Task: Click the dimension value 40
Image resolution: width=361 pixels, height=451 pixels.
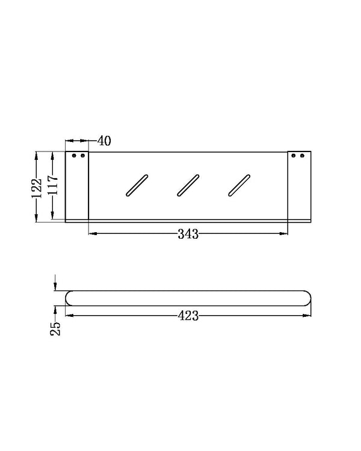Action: (103, 141)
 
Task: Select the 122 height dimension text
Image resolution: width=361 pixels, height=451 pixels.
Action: (37, 187)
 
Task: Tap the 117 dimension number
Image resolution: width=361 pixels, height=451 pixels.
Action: (53, 187)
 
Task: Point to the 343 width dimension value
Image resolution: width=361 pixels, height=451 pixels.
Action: (188, 234)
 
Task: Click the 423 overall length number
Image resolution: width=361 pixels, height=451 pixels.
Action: (188, 314)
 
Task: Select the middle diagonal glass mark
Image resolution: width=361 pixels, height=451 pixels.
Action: (188, 185)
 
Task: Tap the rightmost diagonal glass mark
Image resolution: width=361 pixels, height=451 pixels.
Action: (239, 185)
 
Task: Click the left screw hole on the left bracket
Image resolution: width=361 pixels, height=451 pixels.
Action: (75, 156)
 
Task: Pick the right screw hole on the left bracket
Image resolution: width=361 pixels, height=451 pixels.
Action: (82, 156)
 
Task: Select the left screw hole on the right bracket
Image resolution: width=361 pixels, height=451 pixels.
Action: (294, 156)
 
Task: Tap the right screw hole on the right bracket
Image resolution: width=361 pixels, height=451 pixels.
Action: (301, 156)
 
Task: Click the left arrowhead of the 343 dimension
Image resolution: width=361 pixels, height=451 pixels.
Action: (92, 234)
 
